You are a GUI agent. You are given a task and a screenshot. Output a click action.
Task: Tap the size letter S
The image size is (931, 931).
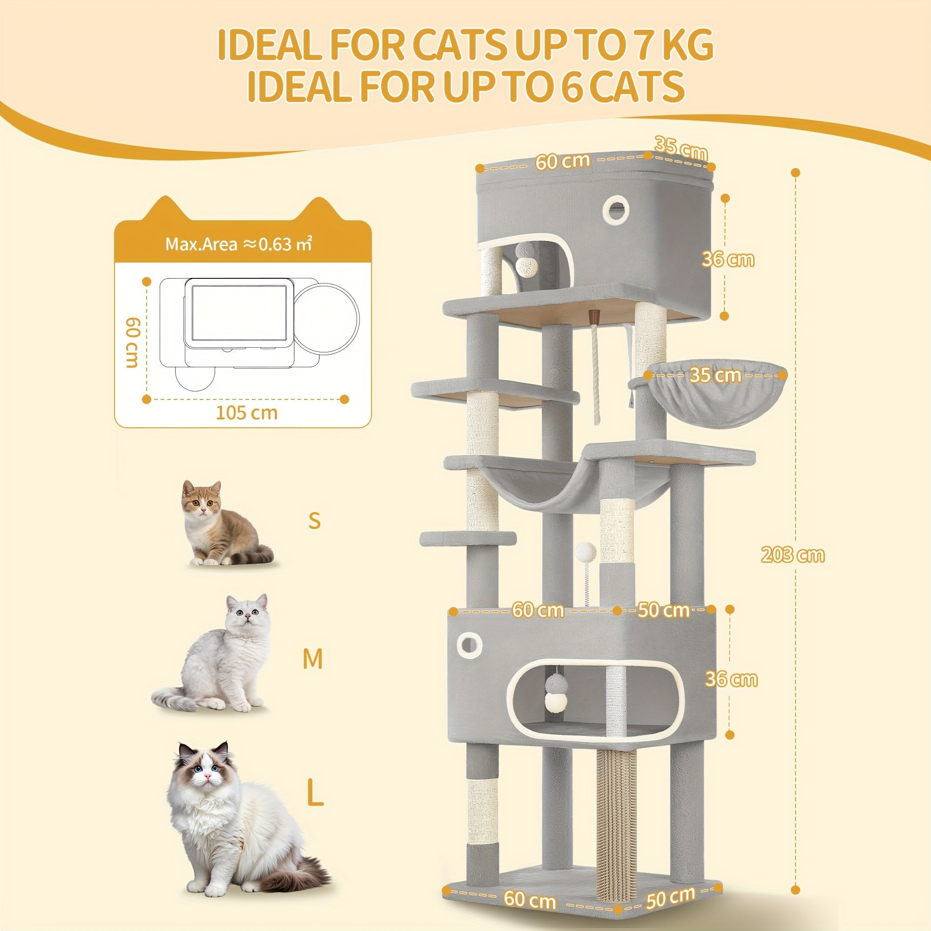(315, 520)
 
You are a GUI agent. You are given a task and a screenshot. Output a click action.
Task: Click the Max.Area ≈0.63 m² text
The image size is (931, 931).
(238, 244)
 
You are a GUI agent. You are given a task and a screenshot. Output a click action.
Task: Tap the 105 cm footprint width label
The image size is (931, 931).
(246, 412)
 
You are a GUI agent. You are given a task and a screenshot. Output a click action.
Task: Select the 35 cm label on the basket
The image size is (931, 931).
(715, 375)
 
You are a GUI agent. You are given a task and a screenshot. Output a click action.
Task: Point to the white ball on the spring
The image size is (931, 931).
(586, 551)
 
